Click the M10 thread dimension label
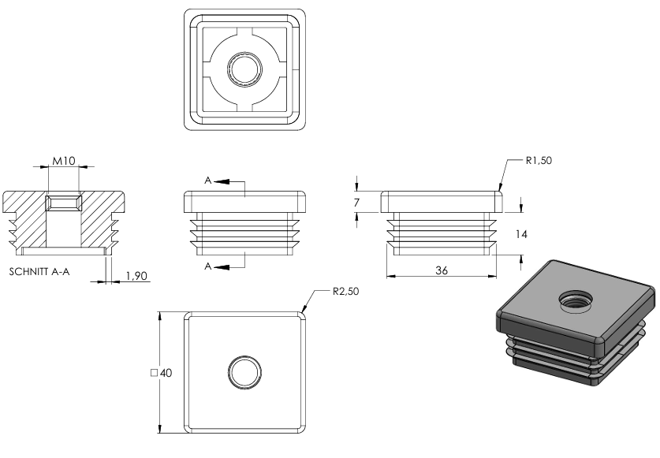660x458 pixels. click(x=64, y=160)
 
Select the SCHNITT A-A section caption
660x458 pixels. click(x=39, y=271)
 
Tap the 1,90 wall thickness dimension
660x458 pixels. click(x=136, y=276)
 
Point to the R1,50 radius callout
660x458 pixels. click(x=539, y=160)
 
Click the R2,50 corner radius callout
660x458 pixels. click(x=345, y=292)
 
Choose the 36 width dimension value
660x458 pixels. click(x=441, y=270)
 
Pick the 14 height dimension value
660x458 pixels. click(x=521, y=234)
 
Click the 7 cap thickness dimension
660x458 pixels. click(x=356, y=203)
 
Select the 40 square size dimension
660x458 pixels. click(x=166, y=373)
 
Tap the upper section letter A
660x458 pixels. click(x=208, y=181)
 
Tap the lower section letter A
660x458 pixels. click(x=208, y=266)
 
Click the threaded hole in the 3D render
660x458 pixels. click(x=576, y=300)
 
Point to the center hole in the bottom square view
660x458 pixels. click(x=244, y=373)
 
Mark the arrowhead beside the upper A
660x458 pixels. click(x=222, y=181)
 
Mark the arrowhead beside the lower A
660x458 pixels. click(x=222, y=267)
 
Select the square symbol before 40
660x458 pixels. click(x=154, y=373)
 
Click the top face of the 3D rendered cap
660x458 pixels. click(x=576, y=300)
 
